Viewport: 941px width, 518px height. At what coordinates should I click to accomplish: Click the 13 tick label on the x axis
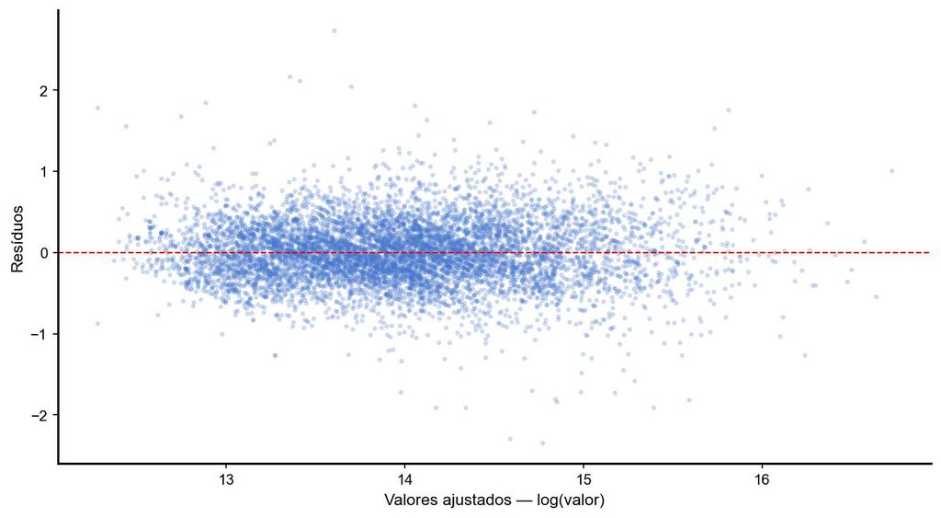pos(226,481)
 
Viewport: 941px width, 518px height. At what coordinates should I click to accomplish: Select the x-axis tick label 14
pos(404,481)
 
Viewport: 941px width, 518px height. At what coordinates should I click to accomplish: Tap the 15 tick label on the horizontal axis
pos(584,481)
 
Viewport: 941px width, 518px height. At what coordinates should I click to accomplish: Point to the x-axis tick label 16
pos(762,481)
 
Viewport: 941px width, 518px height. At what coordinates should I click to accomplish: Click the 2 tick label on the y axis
pos(44,90)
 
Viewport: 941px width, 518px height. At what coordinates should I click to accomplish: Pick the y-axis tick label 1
pos(44,171)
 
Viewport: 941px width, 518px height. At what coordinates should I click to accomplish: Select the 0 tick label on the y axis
pos(44,252)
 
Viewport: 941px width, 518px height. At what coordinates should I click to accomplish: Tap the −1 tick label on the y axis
pos(40,333)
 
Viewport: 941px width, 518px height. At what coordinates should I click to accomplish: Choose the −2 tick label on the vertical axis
pos(40,415)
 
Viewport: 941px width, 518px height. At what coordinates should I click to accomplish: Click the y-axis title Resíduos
pos(17,238)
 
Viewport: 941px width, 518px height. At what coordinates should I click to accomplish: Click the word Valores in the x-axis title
pos(405,500)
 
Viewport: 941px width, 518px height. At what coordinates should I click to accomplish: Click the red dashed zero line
pos(493,252)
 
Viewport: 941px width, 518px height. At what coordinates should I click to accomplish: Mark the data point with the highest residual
pos(334,30)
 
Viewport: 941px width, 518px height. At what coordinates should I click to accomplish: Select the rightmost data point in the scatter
pos(891,170)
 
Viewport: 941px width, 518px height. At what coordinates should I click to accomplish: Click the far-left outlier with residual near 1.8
pos(97,109)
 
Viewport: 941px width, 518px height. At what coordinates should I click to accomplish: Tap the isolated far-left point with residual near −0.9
pos(97,323)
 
